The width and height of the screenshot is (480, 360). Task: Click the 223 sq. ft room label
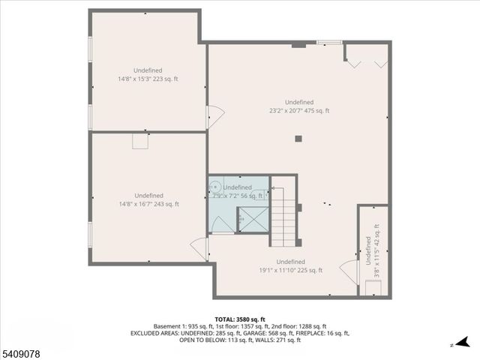148,74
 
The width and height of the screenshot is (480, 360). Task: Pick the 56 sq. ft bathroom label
237,192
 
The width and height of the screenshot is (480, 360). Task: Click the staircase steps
283,217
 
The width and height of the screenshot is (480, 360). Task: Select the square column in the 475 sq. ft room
298,138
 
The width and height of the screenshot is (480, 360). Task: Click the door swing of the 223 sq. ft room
215,115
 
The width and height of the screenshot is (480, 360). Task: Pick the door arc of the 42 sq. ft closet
349,268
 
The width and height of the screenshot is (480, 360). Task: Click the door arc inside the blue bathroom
222,223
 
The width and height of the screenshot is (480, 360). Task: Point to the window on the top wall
328,42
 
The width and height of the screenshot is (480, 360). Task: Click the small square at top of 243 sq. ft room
140,140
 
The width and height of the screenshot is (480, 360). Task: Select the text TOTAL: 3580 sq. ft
239,319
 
